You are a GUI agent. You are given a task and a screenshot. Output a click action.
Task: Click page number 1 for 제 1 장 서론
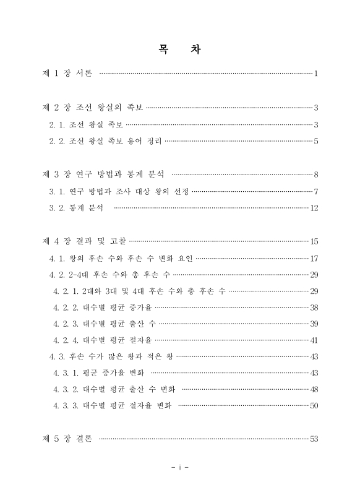tap(315, 74)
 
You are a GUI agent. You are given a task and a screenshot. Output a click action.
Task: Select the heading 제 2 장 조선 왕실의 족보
tap(93, 108)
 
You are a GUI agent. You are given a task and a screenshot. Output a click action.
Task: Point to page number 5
tap(315, 142)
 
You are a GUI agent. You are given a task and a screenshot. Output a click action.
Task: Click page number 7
tap(315, 191)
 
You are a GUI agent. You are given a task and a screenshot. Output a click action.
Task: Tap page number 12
tap(314, 208)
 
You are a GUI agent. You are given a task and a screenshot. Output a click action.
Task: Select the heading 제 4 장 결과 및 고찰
tap(84, 241)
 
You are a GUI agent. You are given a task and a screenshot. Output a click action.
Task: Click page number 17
tap(314, 257)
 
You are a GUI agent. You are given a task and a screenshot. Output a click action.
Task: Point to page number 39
tap(314, 324)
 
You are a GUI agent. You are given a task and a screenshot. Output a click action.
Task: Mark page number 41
tap(314, 340)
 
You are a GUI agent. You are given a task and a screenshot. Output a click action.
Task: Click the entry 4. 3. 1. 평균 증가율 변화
tap(99, 372)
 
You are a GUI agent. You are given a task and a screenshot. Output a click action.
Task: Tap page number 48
tap(314, 389)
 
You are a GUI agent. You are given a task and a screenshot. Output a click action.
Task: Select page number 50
tap(314, 406)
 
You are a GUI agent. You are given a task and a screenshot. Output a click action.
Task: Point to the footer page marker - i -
tap(179, 467)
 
